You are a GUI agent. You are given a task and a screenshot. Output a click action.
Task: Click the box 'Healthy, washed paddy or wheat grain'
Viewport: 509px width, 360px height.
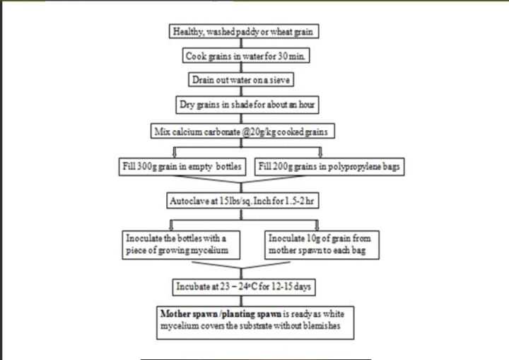click(242, 32)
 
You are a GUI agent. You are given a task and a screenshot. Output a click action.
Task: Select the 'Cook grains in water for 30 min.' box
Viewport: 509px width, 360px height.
click(242, 55)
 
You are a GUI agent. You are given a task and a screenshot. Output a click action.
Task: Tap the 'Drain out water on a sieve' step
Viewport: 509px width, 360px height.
click(242, 80)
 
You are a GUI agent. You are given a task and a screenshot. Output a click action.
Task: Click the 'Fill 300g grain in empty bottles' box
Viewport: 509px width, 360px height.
click(182, 167)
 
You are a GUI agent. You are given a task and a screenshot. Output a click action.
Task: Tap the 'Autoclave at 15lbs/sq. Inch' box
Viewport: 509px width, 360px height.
click(242, 201)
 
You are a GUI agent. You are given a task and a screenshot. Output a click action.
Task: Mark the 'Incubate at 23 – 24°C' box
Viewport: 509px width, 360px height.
click(242, 286)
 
